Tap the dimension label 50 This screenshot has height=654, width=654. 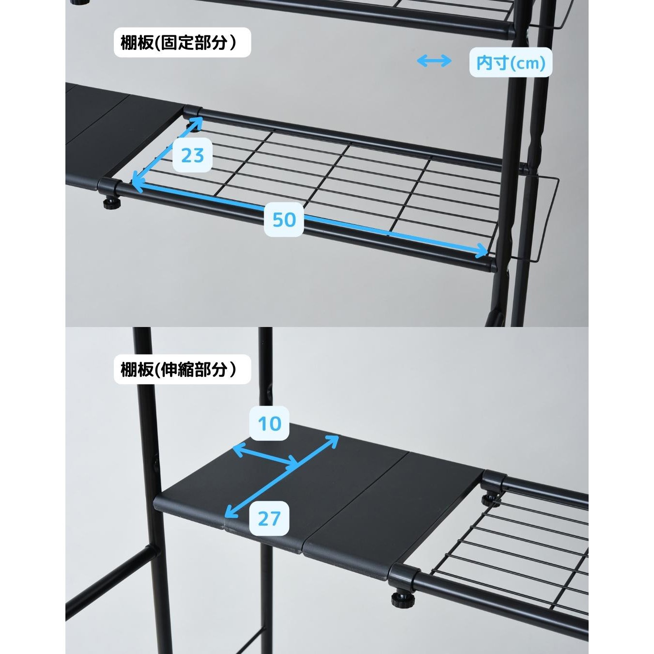(284, 219)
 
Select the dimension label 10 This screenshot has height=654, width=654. (269, 423)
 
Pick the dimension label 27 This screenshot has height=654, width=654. (269, 518)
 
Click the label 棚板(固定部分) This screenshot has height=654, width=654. (182, 43)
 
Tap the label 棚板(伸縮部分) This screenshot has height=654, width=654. (182, 369)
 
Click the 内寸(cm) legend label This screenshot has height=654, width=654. (511, 62)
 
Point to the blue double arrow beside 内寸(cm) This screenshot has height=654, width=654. (434, 62)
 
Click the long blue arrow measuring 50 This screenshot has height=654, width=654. (310, 218)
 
